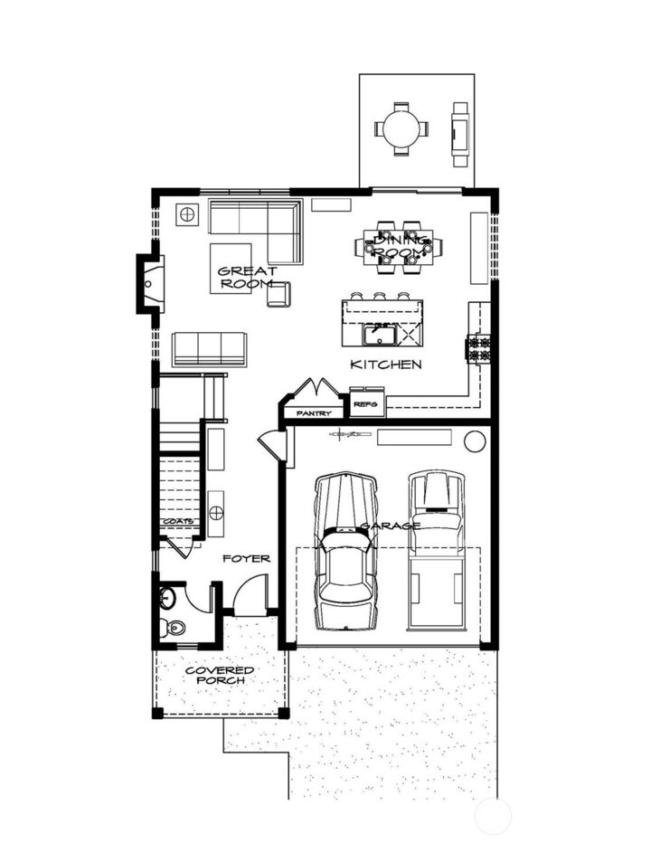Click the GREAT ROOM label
tap(246, 277)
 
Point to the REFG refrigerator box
tap(366, 403)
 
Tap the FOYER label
tap(246, 559)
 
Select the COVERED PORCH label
tap(220, 676)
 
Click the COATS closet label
tap(178, 522)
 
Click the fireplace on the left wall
tap(150, 283)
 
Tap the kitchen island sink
tap(380, 336)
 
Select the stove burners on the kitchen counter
tap(477, 347)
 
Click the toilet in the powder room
tap(172, 627)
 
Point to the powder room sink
tap(167, 597)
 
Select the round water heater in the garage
tap(475, 441)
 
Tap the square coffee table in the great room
tap(231, 268)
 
